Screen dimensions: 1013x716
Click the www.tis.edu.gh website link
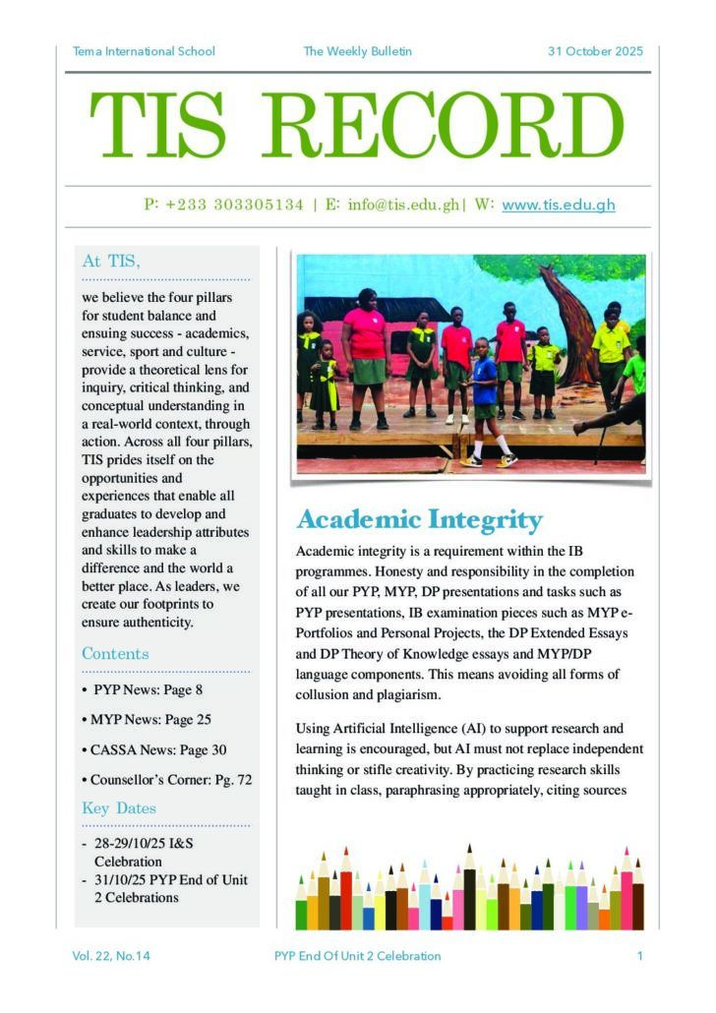(558, 206)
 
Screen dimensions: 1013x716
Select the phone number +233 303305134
(235, 206)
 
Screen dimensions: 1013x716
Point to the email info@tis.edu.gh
(403, 206)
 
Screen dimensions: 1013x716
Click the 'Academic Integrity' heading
(419, 519)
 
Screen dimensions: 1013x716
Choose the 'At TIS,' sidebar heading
(111, 262)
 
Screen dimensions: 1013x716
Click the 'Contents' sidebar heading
(115, 654)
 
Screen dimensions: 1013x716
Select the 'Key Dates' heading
(119, 808)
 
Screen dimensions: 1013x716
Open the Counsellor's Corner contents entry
(170, 779)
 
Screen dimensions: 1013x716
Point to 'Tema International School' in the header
(144, 51)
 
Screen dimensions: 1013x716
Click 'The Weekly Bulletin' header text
(357, 51)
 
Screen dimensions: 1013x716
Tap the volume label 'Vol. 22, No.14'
(111, 955)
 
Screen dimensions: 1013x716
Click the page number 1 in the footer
(639, 955)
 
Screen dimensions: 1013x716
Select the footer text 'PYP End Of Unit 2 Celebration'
(358, 955)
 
